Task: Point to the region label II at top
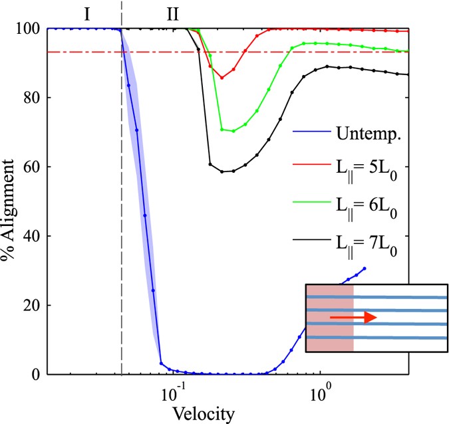(x=172, y=13)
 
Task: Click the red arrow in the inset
(x=353, y=318)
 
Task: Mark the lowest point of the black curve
(x=222, y=171)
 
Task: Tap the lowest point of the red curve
(x=222, y=78)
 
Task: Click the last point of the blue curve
(x=365, y=268)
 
